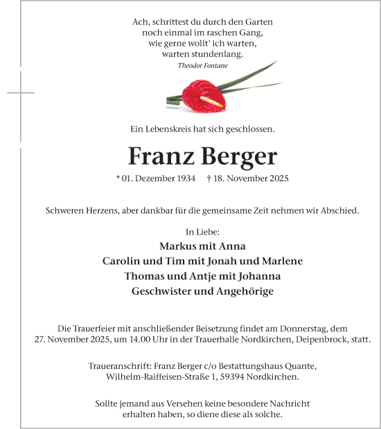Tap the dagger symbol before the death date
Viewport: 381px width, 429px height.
(209, 179)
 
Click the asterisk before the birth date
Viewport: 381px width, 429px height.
(118, 178)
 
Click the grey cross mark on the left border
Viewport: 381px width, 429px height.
(21, 92)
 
